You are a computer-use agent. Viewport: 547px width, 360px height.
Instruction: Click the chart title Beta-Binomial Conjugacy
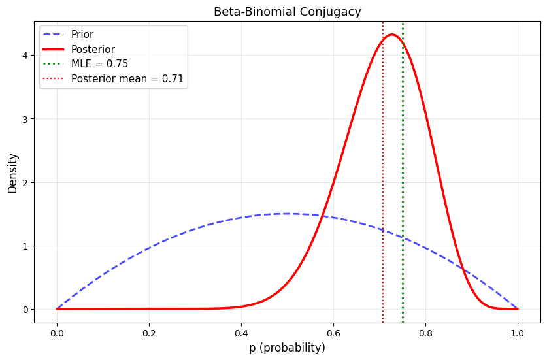point(287,12)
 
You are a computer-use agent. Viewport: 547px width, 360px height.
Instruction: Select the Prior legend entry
point(82,35)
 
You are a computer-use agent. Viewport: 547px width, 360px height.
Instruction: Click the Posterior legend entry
point(93,50)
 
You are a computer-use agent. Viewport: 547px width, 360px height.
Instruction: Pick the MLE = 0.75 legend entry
point(99,64)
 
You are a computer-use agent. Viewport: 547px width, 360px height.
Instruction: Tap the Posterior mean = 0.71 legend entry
point(127,79)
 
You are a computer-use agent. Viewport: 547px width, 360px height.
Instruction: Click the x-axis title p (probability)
point(287,348)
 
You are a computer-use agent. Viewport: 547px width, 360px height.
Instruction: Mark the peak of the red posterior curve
point(391,35)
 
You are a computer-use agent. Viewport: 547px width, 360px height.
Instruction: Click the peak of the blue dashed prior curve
point(287,214)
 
